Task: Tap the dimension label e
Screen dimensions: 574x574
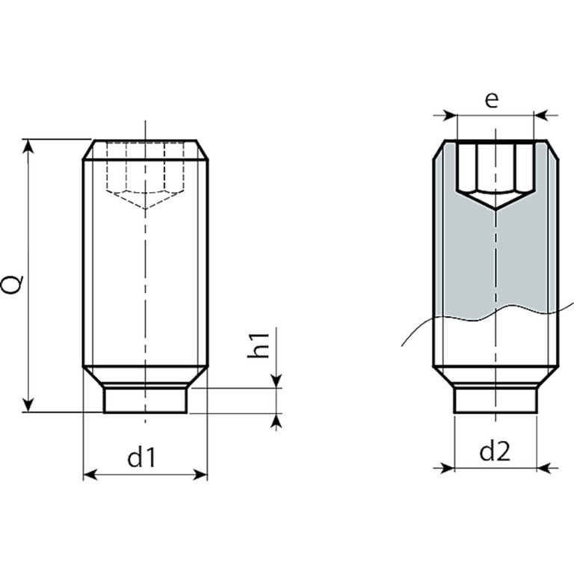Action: coord(491,100)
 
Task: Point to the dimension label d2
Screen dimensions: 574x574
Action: coord(495,450)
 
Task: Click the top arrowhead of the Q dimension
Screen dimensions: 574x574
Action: coord(29,145)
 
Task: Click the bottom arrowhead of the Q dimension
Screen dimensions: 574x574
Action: coord(29,405)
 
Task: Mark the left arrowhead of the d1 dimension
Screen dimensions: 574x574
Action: coord(88,474)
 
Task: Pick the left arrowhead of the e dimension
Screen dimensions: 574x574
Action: coord(449,115)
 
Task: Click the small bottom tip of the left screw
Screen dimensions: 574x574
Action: coord(145,401)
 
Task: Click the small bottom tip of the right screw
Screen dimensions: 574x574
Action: coord(496,400)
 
